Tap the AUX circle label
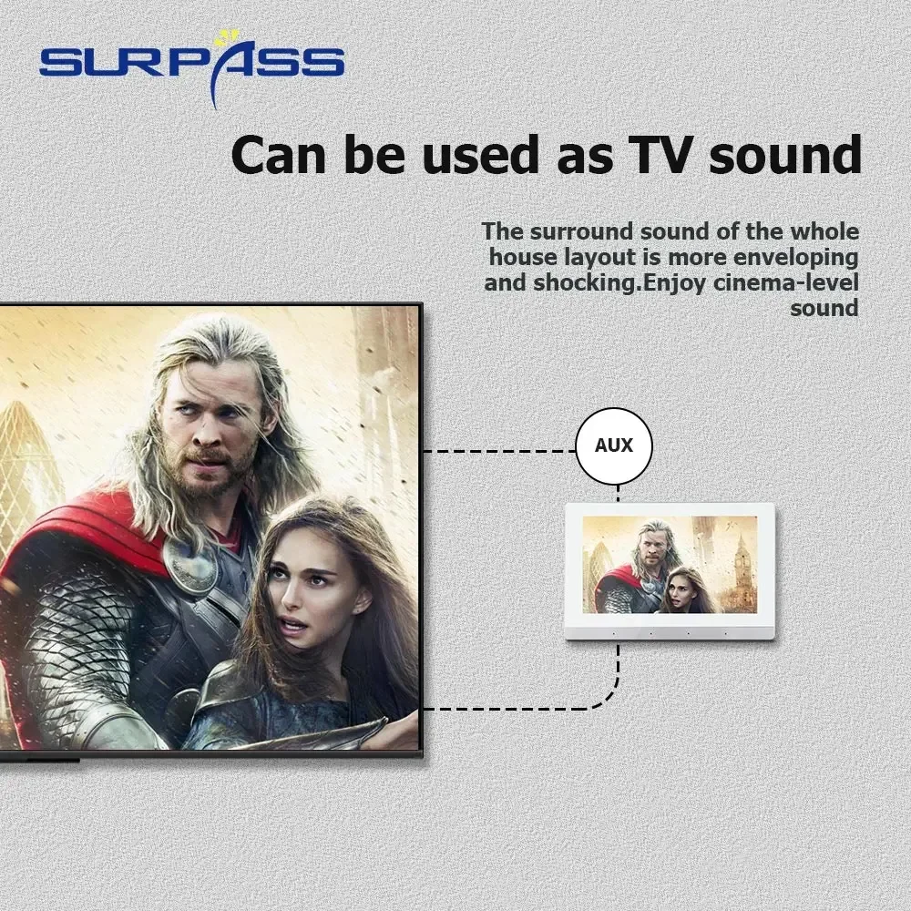(x=614, y=445)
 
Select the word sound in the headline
(x=785, y=155)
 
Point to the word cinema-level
(x=786, y=283)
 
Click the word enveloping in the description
(x=795, y=258)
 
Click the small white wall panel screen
(x=670, y=571)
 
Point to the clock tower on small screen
(x=741, y=562)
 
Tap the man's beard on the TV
(x=210, y=465)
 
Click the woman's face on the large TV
(x=302, y=587)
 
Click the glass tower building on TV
(x=26, y=471)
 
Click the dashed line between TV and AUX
(x=499, y=451)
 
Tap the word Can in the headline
(x=278, y=155)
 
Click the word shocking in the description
(x=587, y=283)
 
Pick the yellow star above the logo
(x=222, y=38)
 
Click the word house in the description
(x=520, y=258)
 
